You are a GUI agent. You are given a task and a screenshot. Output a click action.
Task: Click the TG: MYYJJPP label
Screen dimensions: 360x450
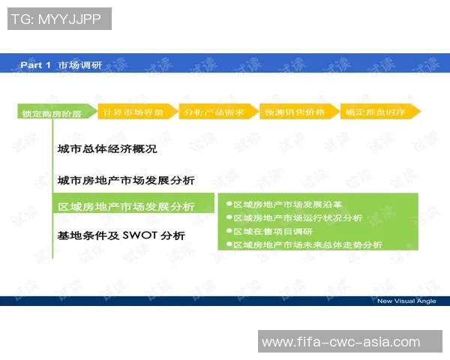[58, 19]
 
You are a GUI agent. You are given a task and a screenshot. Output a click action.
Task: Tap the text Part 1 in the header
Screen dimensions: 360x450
[35, 65]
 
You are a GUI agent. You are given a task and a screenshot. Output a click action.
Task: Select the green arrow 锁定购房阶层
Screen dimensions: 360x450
[52, 114]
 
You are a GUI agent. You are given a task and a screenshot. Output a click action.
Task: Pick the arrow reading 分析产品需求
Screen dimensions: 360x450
[215, 112]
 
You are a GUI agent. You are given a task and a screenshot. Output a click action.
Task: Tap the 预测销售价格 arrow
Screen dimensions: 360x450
[295, 112]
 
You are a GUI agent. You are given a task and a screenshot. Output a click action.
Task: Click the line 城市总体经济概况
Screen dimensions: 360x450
[107, 149]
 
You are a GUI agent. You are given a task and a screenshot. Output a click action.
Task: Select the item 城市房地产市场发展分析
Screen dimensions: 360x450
[126, 180]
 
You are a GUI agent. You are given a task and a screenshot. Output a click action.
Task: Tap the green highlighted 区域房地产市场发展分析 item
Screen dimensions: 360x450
[126, 206]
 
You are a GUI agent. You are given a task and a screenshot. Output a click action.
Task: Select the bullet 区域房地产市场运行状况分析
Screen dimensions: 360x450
[298, 217]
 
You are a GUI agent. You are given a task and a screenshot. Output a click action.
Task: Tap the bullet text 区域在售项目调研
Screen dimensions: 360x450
[273, 231]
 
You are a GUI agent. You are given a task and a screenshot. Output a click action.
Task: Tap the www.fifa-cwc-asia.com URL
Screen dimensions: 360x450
[341, 342]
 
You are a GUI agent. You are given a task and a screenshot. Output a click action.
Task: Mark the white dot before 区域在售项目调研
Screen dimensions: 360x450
[229, 231]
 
